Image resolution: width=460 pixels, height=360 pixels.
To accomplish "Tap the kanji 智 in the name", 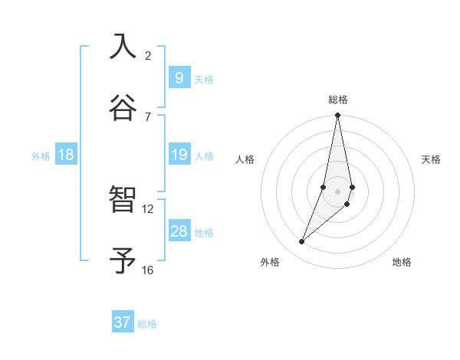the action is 123,200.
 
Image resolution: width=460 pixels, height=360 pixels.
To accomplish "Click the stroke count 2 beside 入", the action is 148,55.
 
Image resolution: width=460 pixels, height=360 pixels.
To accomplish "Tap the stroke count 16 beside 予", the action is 148,270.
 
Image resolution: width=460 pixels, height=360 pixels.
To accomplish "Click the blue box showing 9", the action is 179,78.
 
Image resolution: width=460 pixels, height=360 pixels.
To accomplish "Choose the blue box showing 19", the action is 179,155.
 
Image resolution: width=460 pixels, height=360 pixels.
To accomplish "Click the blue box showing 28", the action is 179,231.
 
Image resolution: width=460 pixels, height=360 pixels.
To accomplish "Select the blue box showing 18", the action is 66,155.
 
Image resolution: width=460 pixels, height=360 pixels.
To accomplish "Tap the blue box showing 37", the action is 123,322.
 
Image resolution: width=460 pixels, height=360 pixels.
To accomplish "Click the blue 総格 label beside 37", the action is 147,324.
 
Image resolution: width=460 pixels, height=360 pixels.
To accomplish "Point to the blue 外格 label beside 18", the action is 41,156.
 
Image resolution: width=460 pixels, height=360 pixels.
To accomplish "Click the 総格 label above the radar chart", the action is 338,100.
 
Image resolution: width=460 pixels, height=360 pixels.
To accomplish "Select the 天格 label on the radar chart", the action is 431,159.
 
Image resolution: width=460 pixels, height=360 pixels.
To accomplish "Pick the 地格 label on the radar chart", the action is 402,262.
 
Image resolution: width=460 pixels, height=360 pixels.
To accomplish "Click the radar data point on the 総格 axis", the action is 337,116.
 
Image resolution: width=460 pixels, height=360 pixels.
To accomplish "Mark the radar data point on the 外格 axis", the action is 301,242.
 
